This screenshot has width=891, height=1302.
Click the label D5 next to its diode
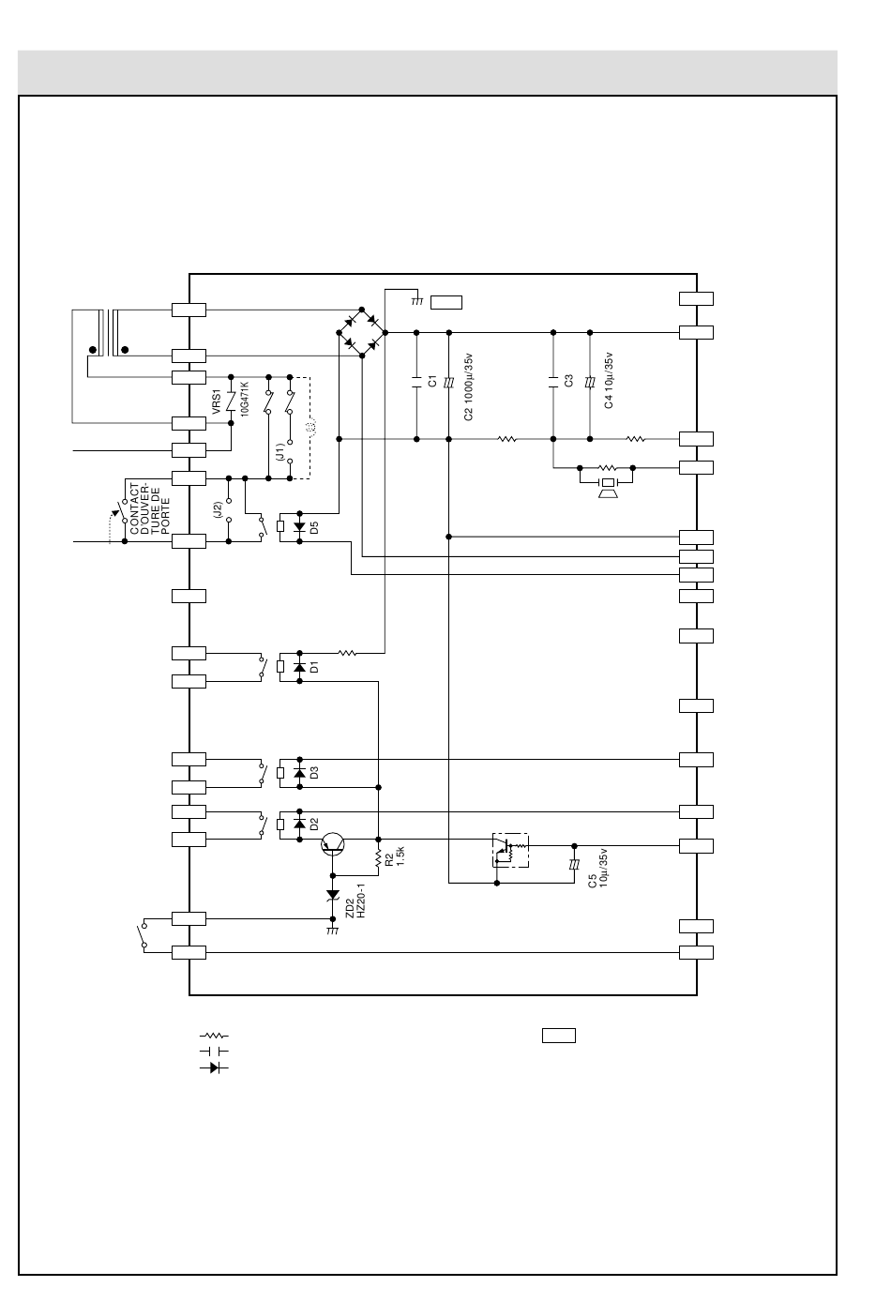[314, 528]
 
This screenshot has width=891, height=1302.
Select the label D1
[314, 667]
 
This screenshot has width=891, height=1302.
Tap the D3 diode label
[314, 773]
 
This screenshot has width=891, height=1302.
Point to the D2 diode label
[314, 825]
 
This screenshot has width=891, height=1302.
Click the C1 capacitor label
[432, 381]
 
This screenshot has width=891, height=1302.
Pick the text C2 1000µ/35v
[468, 386]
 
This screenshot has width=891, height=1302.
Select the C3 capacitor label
[569, 381]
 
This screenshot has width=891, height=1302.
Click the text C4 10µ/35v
[609, 380]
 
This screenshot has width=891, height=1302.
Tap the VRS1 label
[217, 402]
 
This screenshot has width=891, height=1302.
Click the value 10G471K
[245, 400]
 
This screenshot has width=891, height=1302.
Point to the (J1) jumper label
[280, 452]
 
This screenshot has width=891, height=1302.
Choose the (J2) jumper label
[218, 510]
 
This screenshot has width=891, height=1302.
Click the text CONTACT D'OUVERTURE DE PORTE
[150, 508]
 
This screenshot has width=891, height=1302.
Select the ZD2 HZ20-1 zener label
[355, 901]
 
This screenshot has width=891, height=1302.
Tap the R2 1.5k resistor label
[395, 856]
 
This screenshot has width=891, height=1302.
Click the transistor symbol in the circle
[333, 844]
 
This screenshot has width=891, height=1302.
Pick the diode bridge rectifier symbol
[362, 332]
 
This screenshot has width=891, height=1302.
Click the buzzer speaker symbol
[608, 487]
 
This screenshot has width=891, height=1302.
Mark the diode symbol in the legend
[214, 1067]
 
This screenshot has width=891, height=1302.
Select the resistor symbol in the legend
[214, 1036]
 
